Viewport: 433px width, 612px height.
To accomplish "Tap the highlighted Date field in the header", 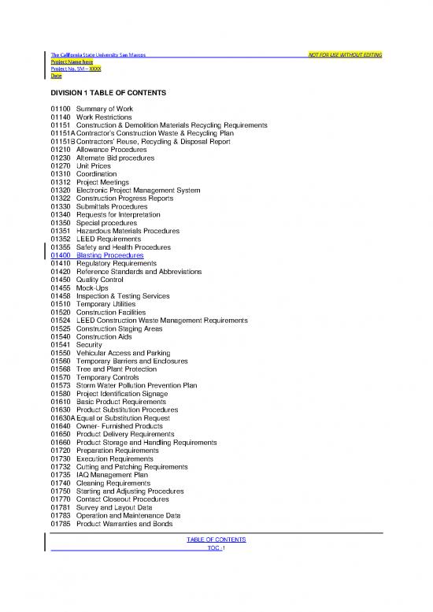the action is tap(56, 76).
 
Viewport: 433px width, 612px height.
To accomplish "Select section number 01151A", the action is tap(62, 133).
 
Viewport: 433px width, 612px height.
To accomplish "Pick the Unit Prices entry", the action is tap(96, 166).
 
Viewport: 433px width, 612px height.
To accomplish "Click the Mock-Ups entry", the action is tap(94, 287).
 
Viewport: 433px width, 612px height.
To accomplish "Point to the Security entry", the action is tap(90, 345).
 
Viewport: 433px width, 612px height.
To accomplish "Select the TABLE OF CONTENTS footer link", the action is tap(216, 540).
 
